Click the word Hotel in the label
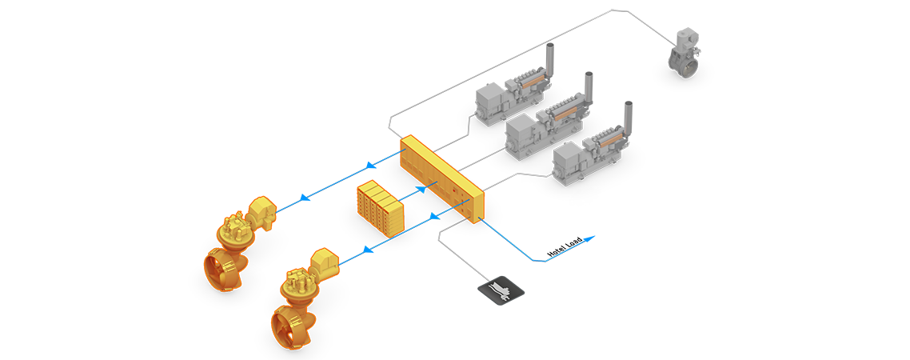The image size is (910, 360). (x=557, y=251)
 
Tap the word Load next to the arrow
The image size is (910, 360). (x=574, y=242)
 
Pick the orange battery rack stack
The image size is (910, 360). (x=380, y=206)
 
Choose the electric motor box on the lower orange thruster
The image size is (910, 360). (x=325, y=264)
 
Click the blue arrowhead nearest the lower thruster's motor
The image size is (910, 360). (x=367, y=250)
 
